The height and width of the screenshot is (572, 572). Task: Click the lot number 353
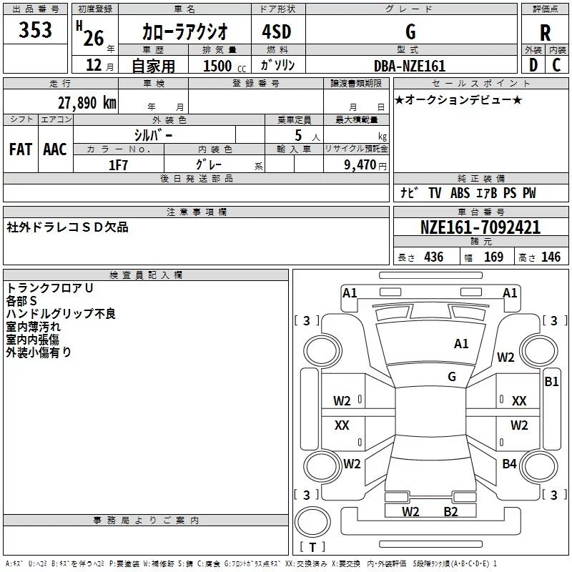click(x=35, y=30)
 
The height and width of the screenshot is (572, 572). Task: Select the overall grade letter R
click(x=545, y=33)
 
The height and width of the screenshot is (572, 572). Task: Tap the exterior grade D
click(x=532, y=65)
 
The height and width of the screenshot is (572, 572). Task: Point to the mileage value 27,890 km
click(x=87, y=102)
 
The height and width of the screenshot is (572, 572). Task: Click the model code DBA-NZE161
click(x=410, y=66)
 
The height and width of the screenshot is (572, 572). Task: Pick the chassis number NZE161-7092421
click(x=480, y=228)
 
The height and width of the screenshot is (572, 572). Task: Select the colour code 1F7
click(x=118, y=164)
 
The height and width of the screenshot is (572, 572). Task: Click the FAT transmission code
click(x=20, y=149)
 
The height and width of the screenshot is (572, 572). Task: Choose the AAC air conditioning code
click(x=54, y=149)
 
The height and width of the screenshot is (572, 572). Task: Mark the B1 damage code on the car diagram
click(x=551, y=382)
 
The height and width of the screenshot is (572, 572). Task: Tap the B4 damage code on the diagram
click(x=509, y=464)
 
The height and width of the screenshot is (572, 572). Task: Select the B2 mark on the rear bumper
click(x=450, y=511)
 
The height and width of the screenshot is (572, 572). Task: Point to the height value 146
click(x=551, y=257)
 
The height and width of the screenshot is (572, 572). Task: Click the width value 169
click(x=493, y=257)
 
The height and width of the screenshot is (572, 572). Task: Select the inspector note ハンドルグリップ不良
click(x=61, y=313)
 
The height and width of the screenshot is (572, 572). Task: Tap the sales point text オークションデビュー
click(x=458, y=99)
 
